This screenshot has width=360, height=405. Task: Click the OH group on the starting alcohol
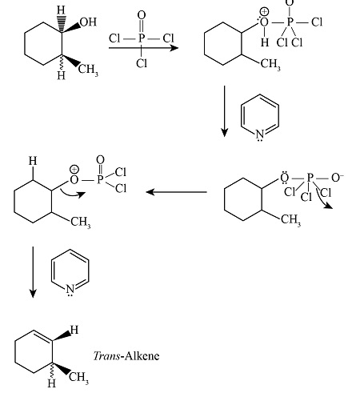pos(88,22)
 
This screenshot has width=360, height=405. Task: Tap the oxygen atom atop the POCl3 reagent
pos(142,15)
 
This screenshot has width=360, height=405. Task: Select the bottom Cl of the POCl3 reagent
pos(142,63)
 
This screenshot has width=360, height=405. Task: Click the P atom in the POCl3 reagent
pos(142,38)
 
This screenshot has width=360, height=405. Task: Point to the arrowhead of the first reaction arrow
pos(174,48)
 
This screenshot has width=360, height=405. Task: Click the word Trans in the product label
pos(106,356)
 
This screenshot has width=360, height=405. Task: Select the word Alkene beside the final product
pos(142,356)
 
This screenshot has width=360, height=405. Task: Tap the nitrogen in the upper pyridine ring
pos(260,134)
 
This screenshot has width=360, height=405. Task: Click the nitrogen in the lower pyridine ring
pos(70,290)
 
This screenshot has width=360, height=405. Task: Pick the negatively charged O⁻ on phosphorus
pos(337,178)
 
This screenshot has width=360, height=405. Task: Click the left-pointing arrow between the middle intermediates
pos(177,192)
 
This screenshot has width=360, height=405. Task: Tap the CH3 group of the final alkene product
pos(78,378)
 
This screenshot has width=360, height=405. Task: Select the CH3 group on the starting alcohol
pos(88,70)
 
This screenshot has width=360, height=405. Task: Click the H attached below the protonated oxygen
pos(265,42)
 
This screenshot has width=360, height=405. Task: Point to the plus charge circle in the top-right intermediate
pos(264,12)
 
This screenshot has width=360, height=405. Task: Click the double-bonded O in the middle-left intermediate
pos(100,160)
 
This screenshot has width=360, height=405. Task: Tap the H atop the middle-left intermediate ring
pos(33,161)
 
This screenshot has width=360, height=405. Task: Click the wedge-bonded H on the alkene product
pos(74,330)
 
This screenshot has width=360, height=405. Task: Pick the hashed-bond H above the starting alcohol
pos(61,10)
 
